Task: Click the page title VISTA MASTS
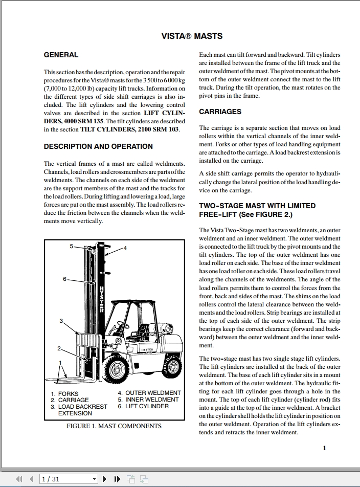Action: click(x=192, y=36)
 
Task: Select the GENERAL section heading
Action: click(x=61, y=55)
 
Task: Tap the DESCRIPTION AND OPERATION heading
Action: click(x=98, y=146)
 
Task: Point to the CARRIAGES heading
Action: click(x=220, y=112)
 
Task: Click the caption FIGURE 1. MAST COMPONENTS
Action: click(x=114, y=426)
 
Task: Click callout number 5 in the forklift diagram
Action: click(x=72, y=246)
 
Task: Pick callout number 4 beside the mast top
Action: click(x=125, y=248)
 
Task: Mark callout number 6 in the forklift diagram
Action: click(x=64, y=279)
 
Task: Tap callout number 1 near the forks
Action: click(x=61, y=362)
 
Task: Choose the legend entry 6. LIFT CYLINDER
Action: click(x=143, y=406)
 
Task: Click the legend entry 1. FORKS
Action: click(x=64, y=394)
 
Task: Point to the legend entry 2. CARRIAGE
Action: click(x=70, y=400)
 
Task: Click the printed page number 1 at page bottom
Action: click(x=324, y=448)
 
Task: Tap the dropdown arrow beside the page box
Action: click(x=95, y=479)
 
